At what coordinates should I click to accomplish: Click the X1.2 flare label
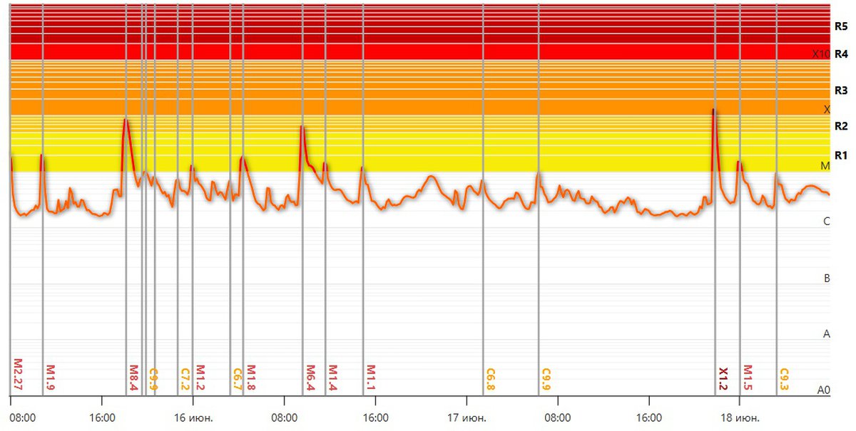[x=723, y=378]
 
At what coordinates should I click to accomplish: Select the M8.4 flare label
[x=133, y=378]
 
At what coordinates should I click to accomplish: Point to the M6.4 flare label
[x=310, y=378]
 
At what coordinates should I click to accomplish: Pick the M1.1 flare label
[x=371, y=378]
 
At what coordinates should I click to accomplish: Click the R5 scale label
[x=841, y=26]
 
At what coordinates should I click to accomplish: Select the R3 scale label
[x=841, y=90]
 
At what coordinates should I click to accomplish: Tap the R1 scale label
[x=841, y=155]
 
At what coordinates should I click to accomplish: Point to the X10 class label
[x=821, y=54]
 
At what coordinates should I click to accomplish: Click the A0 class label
[x=824, y=390]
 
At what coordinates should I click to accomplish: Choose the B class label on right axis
[x=827, y=278]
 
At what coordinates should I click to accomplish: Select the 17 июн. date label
[x=467, y=417]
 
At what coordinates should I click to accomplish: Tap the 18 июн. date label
[x=741, y=417]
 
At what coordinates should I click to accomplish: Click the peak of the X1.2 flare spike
[x=713, y=109]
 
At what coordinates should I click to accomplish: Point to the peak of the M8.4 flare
[x=126, y=119]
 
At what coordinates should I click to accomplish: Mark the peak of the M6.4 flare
[x=302, y=127]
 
